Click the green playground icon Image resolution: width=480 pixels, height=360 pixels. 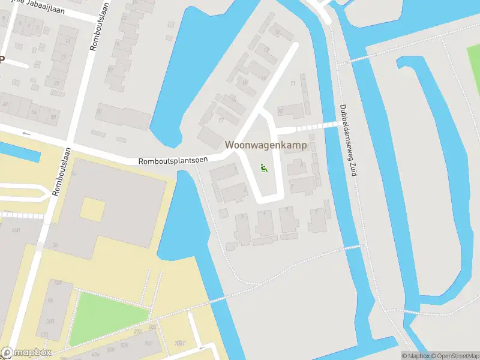coord(263,167)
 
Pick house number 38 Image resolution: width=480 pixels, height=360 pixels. coord(55,245)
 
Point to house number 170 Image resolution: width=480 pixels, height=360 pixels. coord(43,334)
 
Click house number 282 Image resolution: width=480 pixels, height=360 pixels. coord(152,327)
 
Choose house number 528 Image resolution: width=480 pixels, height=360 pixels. coord(124,346)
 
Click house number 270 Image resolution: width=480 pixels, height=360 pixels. coord(138,331)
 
